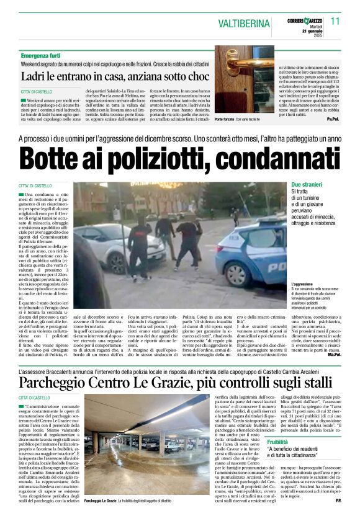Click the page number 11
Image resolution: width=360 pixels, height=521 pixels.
click(335, 20)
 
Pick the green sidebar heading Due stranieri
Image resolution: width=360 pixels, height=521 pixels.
click(308, 185)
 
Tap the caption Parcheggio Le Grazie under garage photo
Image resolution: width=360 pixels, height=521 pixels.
click(104, 516)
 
